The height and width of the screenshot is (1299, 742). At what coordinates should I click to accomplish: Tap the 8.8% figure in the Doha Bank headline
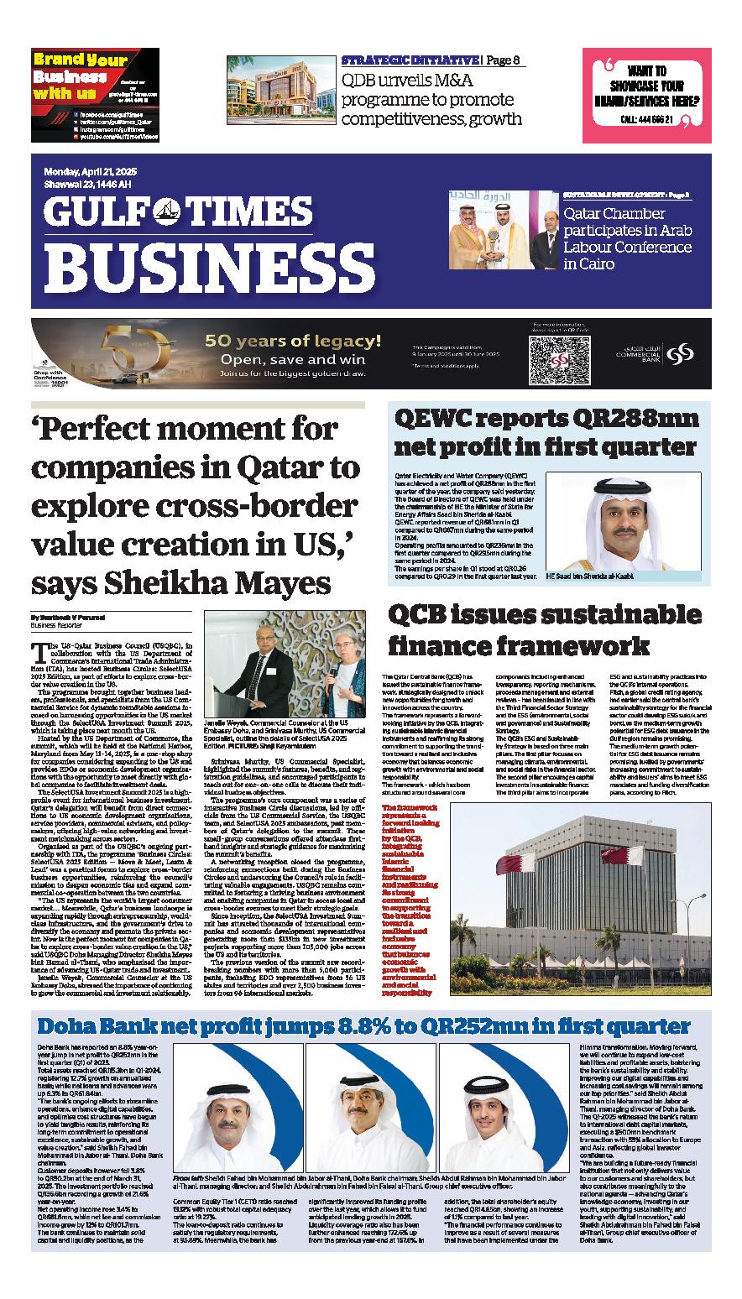(x=348, y=1027)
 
